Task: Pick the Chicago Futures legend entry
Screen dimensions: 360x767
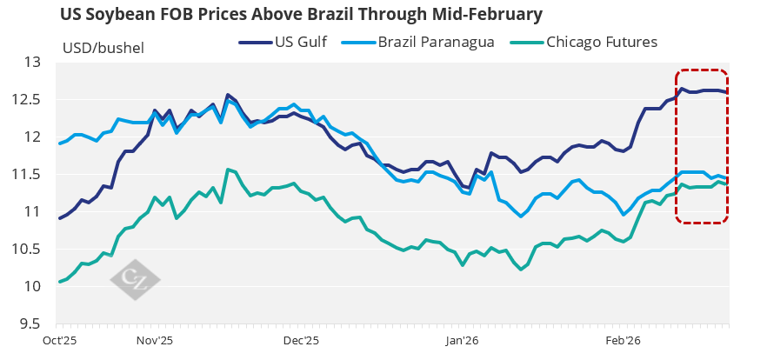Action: tap(602, 41)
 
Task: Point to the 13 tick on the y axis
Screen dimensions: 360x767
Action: tap(34, 63)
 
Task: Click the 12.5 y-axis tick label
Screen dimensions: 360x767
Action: tap(30, 100)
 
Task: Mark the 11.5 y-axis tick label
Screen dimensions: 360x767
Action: tap(30, 175)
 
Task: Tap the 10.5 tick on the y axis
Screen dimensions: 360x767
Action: tap(30, 250)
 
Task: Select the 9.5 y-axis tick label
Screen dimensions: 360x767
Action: tap(32, 324)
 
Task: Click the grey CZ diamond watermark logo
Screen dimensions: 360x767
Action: tap(135, 279)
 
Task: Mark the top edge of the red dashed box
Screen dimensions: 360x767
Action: tap(702, 70)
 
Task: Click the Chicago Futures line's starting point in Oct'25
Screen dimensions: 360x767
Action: tap(59, 282)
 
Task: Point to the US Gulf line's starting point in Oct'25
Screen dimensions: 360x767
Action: tap(59, 218)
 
